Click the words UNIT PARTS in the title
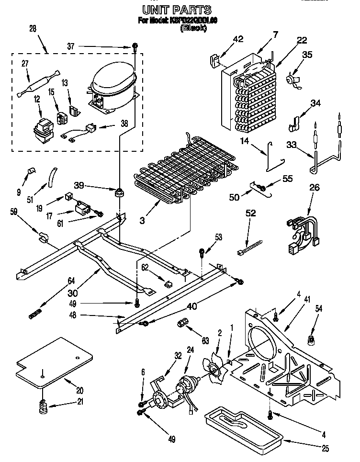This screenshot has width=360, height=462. (177, 10)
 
